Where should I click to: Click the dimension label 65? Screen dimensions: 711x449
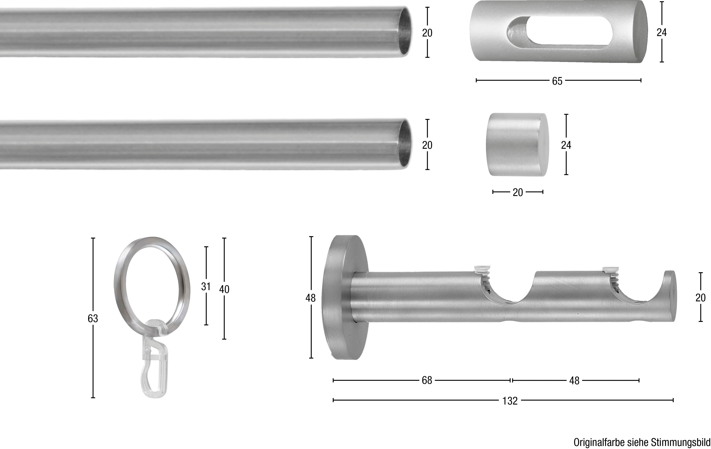(557, 81)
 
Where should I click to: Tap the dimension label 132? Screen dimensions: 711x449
(510, 401)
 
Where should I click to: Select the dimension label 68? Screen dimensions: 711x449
(427, 381)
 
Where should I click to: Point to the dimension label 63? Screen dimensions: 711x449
(93, 318)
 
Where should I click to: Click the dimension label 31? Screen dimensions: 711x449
(206, 286)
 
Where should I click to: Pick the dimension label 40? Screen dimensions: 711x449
(224, 289)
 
